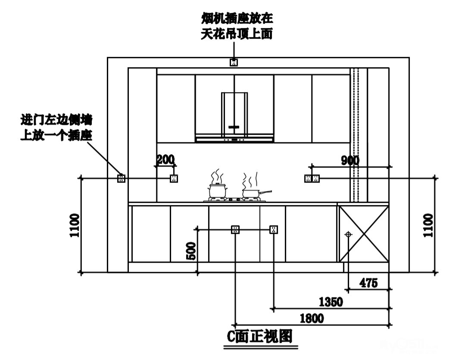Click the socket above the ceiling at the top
click(234, 62)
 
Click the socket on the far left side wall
click(121, 178)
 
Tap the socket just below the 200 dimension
click(174, 178)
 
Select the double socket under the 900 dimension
click(312, 178)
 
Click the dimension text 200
click(165, 160)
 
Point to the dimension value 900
click(350, 161)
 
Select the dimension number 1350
click(331, 302)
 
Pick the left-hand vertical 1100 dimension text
click(75, 225)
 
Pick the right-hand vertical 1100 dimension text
click(429, 225)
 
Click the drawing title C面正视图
click(260, 336)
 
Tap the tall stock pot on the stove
click(216, 189)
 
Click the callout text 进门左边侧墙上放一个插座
click(57, 127)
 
